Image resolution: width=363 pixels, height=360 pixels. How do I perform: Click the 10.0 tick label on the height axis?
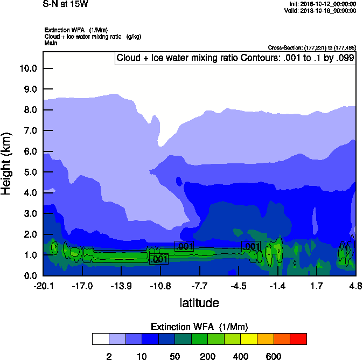(28, 68)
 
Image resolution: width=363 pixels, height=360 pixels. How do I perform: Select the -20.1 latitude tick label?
(43, 286)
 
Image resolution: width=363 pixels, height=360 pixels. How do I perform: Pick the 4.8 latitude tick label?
(355, 286)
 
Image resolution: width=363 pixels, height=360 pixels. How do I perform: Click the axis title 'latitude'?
(199, 303)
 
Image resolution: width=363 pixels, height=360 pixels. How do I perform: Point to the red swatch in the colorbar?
(298, 339)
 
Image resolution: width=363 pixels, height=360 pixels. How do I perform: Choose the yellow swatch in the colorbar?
(249, 339)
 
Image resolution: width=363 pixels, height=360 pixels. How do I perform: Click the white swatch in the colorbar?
(100, 339)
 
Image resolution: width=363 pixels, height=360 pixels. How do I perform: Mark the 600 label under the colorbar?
(274, 356)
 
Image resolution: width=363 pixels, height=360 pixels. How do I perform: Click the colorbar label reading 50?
(174, 356)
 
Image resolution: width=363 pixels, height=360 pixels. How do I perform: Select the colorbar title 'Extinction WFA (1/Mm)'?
(199, 327)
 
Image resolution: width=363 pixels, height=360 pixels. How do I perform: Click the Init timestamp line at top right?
(322, 4)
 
